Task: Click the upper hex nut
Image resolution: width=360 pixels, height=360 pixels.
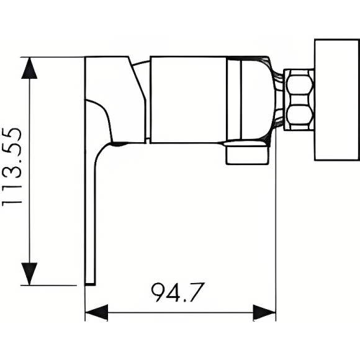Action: pos(299,83)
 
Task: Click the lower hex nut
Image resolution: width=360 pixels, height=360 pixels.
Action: pos(299,115)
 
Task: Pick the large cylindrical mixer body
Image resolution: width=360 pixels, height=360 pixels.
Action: pos(189,99)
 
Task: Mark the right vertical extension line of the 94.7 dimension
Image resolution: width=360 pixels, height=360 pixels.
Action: pos(276,248)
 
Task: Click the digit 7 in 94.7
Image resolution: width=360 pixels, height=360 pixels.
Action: pos(196,292)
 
